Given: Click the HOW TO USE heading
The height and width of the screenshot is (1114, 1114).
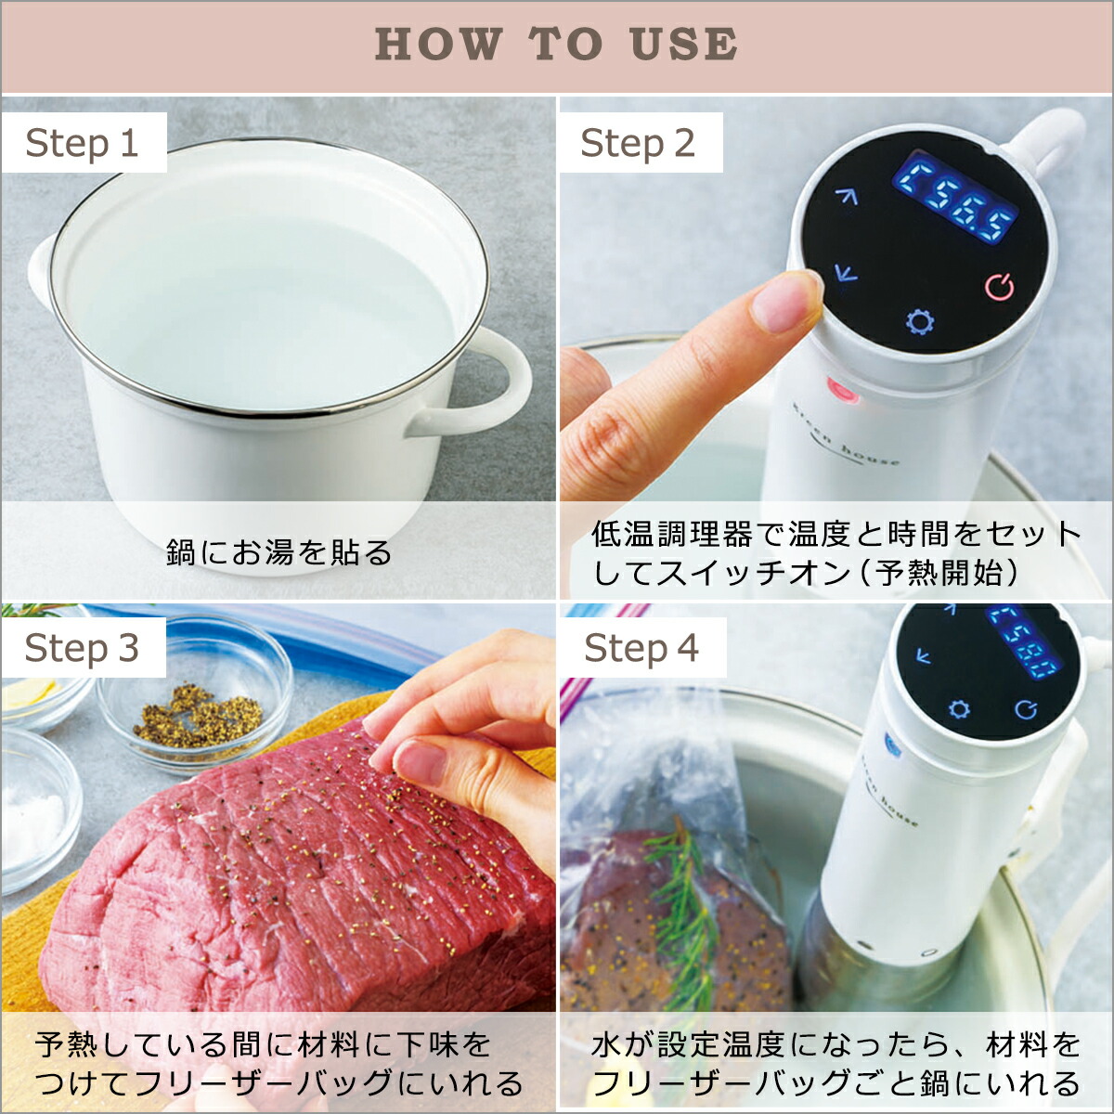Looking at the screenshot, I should click(556, 45).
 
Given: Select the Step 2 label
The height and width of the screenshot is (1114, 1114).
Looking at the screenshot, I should click(638, 143).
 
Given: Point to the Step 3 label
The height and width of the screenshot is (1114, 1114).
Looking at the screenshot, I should click(82, 648).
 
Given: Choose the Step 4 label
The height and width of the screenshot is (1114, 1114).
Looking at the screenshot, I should click(641, 648).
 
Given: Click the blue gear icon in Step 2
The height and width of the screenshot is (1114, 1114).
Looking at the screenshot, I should click(920, 322).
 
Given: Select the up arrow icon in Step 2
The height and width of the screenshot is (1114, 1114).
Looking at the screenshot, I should click(846, 197).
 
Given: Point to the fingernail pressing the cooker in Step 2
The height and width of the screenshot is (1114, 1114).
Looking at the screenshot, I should click(785, 303).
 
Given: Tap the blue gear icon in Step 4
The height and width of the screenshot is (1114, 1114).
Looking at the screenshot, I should click(959, 710).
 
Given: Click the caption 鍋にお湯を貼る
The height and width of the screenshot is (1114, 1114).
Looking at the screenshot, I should click(279, 552).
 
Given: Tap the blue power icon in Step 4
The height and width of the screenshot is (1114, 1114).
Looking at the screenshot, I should click(1026, 710).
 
